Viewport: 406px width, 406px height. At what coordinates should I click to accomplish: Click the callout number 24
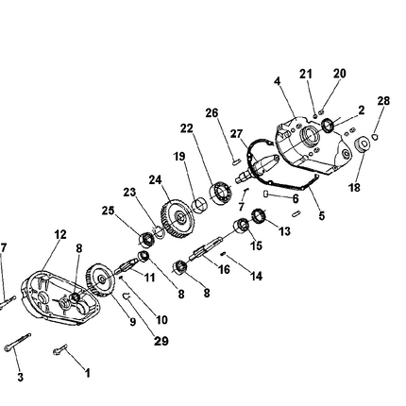[x=156, y=179]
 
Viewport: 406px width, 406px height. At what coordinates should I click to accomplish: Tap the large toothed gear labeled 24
[x=175, y=216]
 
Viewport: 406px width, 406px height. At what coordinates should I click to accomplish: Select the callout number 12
[x=60, y=234]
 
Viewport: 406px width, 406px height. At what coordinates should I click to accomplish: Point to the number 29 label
[x=161, y=341]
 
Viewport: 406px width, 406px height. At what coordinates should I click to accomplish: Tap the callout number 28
[x=382, y=100]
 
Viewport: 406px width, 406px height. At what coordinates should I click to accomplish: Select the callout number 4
[x=278, y=82]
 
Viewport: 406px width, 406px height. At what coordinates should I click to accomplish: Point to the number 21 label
[x=306, y=74]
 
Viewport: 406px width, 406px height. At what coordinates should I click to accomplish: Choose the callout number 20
[x=340, y=74]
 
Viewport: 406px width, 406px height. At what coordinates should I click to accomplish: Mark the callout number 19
[x=179, y=156]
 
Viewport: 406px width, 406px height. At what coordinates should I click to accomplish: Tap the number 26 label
[x=212, y=113]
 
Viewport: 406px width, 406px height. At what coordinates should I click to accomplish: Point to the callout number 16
[x=224, y=269]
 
